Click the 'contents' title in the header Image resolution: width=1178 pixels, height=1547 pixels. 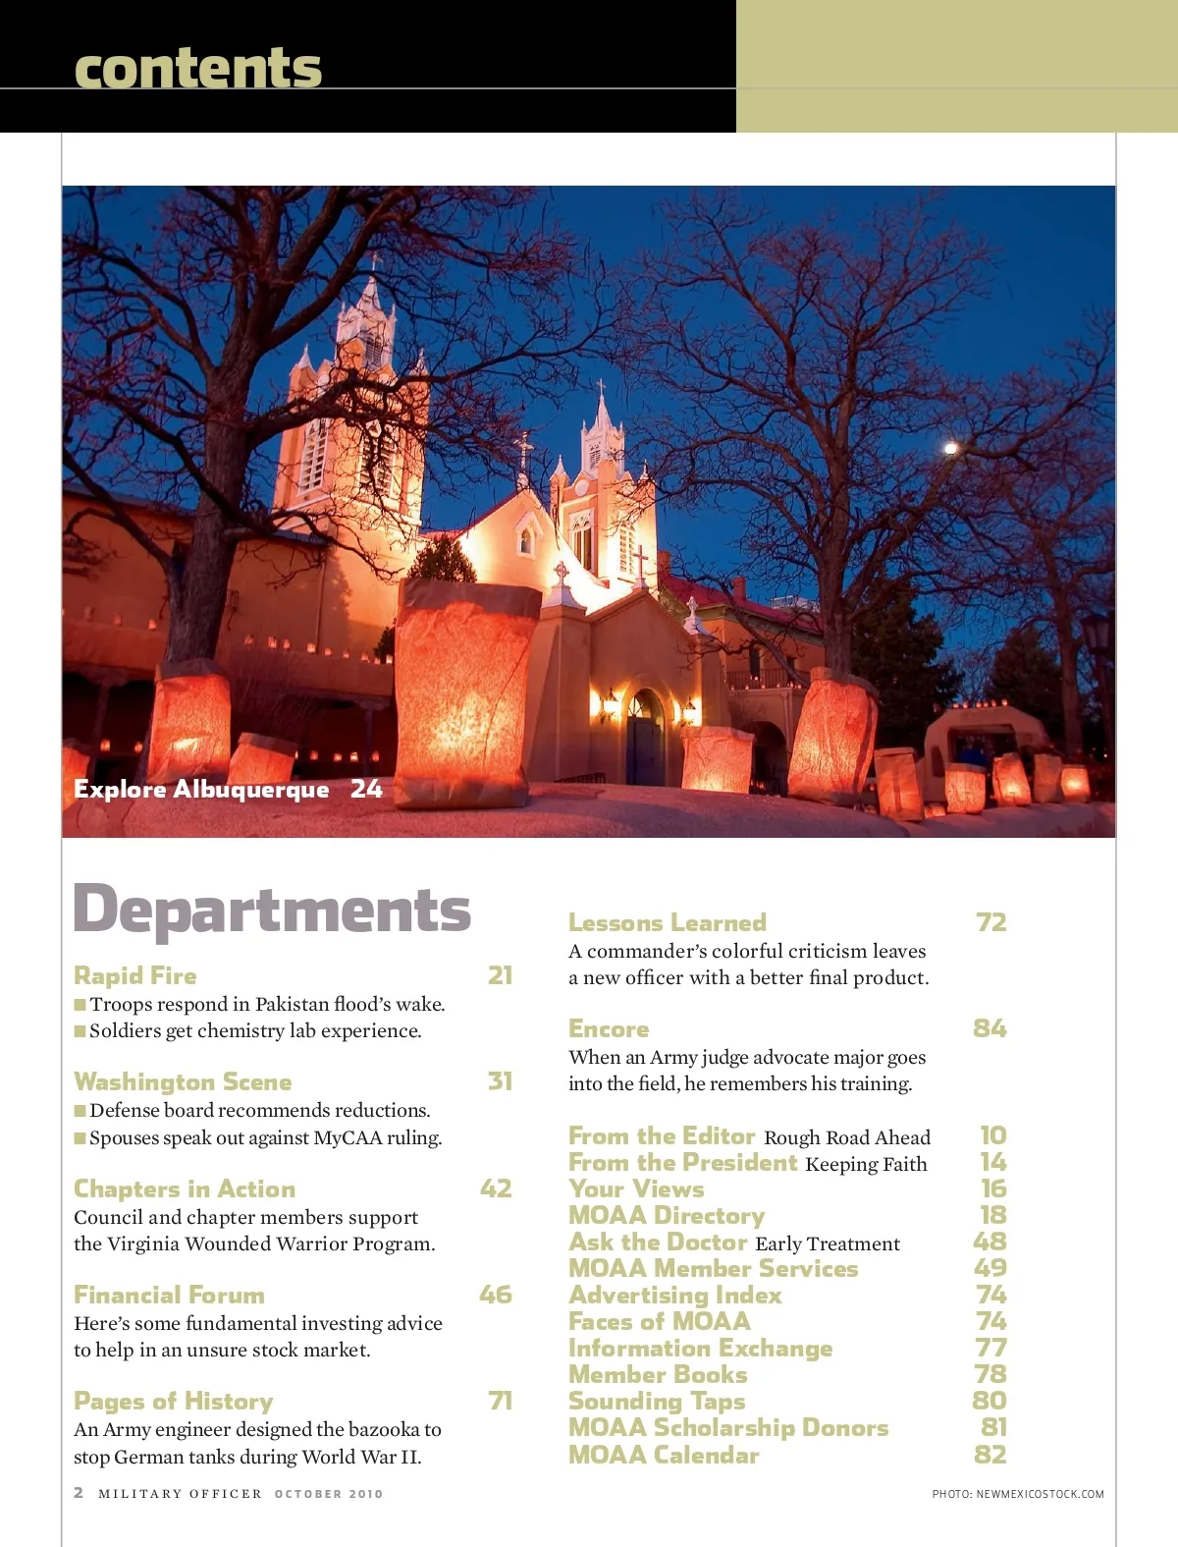pos(197,69)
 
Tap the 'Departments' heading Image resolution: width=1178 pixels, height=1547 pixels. pos(272,911)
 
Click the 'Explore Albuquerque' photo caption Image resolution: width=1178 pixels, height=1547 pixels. pos(201,790)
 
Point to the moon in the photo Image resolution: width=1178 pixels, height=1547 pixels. pos(950,449)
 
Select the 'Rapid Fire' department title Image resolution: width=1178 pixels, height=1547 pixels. pos(135,975)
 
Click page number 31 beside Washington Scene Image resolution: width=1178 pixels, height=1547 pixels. pos(500,1081)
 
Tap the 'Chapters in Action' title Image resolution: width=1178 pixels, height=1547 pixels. pos(185,1188)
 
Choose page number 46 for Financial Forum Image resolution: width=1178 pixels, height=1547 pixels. pos(496,1295)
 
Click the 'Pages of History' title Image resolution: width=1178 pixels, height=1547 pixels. pos(174,1401)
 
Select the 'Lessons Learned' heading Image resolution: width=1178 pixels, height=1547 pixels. pos(668,922)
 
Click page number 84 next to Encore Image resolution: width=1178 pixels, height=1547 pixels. pos(990,1028)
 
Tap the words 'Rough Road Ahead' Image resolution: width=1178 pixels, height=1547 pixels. pos(847,1137)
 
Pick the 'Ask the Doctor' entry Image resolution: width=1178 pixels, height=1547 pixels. pos(658,1243)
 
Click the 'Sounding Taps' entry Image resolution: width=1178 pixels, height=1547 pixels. pos(657,1402)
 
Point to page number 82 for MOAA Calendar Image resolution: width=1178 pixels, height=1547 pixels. pos(990,1455)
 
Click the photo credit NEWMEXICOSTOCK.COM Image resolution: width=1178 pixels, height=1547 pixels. pos(1040,1494)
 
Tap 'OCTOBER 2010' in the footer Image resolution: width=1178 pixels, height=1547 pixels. pos(329,1494)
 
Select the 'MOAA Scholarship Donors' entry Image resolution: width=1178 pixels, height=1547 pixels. pos(728,1428)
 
